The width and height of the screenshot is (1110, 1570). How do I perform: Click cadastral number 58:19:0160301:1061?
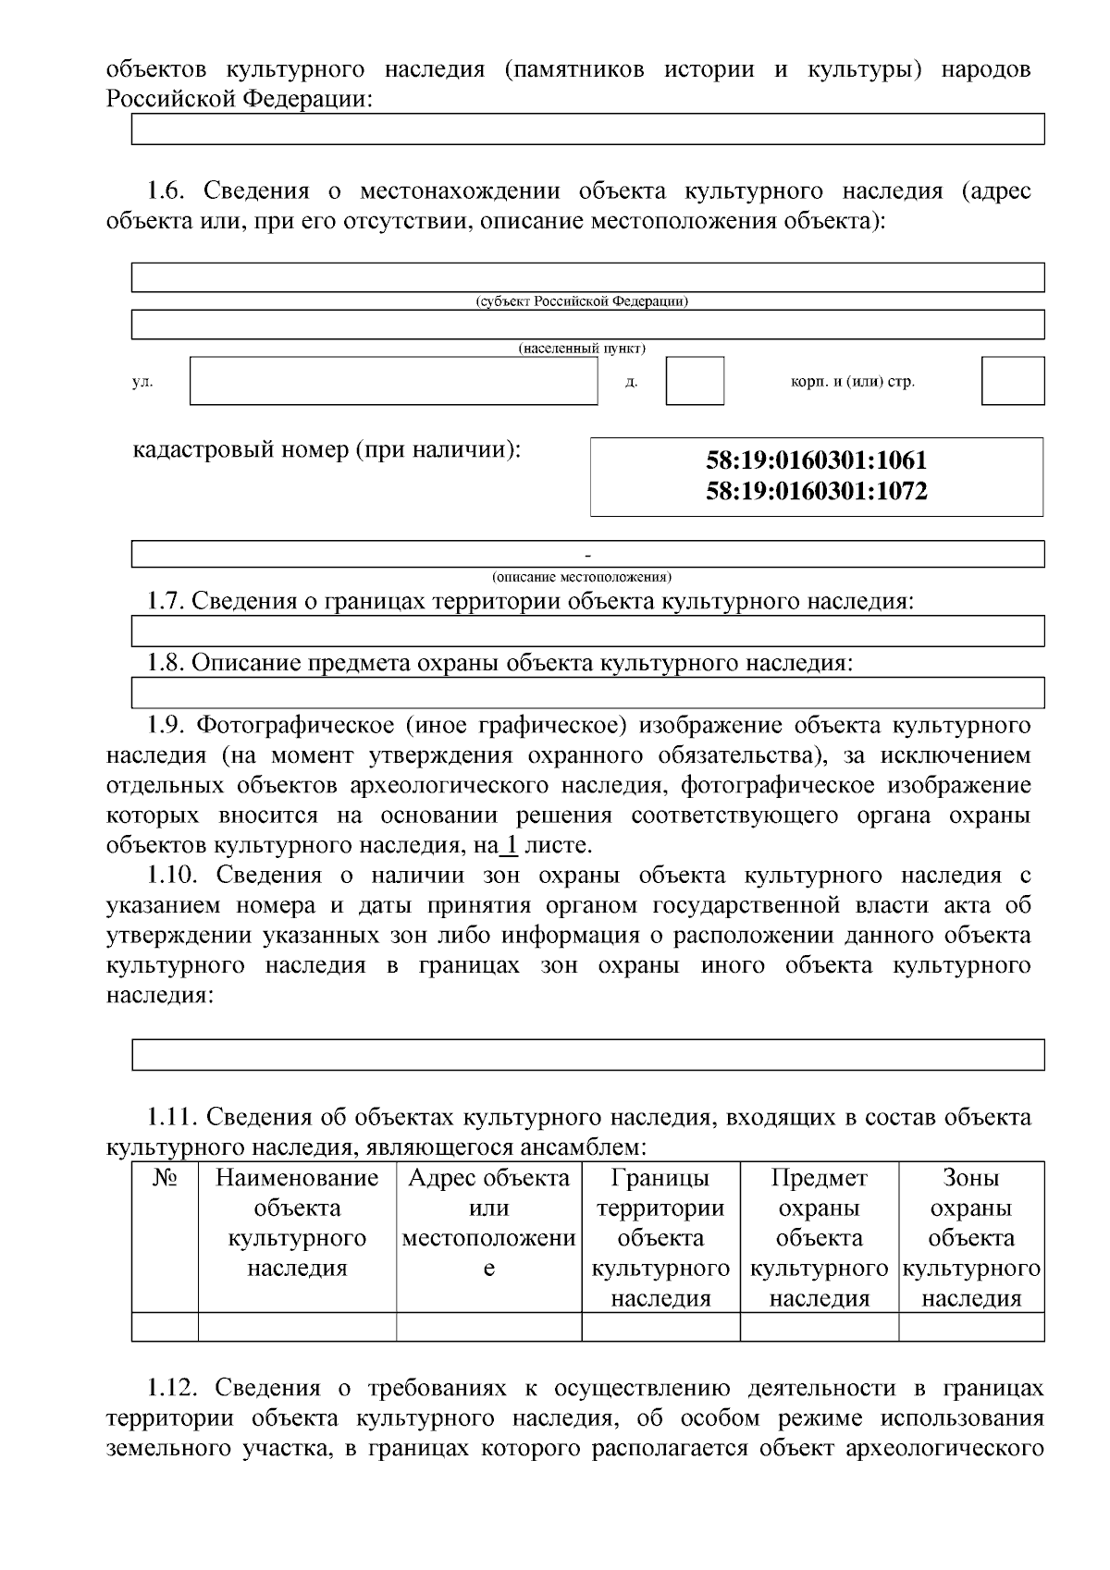[816, 460]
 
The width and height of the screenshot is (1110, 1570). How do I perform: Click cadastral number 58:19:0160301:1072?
[816, 491]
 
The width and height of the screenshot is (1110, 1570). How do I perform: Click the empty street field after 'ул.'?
[393, 381]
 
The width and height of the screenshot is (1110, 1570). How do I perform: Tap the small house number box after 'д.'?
[695, 381]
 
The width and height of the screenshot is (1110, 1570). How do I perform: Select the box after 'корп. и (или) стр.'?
[1012, 381]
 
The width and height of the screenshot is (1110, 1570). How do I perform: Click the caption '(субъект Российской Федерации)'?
[582, 301]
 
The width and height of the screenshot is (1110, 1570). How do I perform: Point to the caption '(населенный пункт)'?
[582, 349]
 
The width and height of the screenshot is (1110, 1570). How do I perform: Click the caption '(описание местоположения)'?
[582, 577]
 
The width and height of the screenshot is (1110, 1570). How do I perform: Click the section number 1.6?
[169, 191]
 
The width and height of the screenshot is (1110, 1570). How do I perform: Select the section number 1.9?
[169, 725]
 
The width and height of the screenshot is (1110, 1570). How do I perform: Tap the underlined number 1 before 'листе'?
[508, 845]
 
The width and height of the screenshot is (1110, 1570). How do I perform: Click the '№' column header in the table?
[165, 1178]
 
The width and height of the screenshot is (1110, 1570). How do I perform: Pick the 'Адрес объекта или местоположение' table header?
[488, 1222]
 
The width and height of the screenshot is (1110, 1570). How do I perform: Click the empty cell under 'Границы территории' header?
[660, 1327]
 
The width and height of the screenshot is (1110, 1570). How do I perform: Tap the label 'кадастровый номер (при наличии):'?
[327, 450]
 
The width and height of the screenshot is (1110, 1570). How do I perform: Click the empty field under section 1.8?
[587, 693]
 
